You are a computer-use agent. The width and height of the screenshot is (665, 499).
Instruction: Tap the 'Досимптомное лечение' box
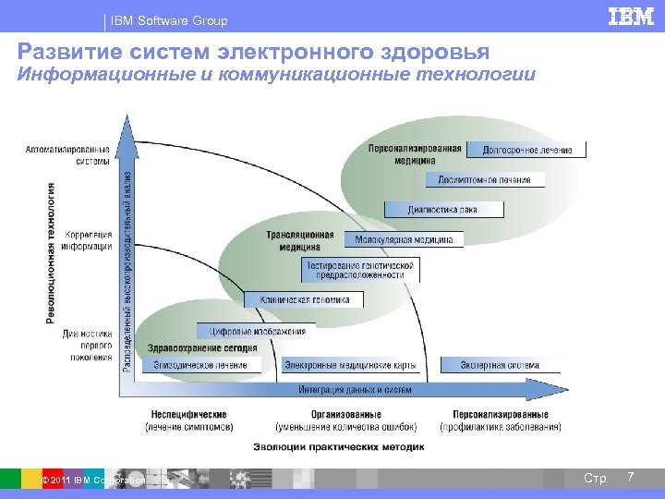(485, 180)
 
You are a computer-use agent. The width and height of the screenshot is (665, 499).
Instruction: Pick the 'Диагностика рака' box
(444, 210)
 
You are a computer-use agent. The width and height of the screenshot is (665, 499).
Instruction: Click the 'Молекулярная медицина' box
(405, 239)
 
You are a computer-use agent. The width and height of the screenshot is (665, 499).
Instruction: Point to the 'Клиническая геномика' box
(304, 299)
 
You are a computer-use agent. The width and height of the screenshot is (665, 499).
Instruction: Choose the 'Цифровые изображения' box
(257, 331)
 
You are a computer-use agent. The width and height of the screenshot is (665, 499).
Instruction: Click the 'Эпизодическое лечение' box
(200, 365)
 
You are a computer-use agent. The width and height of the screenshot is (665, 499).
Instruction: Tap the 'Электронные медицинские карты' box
(350, 365)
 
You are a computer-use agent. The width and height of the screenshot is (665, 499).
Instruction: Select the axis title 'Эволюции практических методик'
(339, 447)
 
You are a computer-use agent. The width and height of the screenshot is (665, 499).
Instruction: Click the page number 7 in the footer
(630, 477)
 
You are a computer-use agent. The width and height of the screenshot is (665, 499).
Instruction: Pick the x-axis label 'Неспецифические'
(188, 415)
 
